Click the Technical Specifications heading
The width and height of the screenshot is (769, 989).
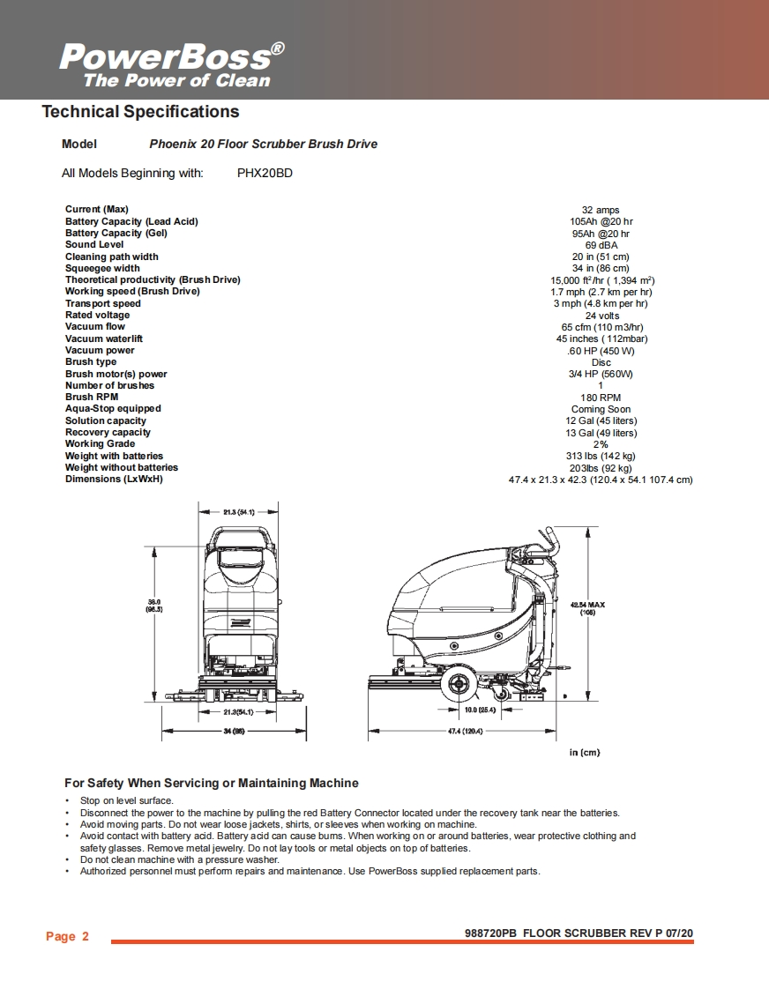pyautogui.click(x=140, y=112)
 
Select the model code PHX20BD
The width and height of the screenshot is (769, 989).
pyautogui.click(x=265, y=173)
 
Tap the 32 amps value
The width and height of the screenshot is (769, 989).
pyautogui.click(x=601, y=210)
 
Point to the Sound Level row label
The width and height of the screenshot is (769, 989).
pyautogui.click(x=94, y=244)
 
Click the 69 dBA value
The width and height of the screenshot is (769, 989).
pyautogui.click(x=601, y=245)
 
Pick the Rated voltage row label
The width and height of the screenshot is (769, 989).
pyautogui.click(x=97, y=315)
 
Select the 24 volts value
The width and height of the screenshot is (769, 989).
pyautogui.click(x=601, y=316)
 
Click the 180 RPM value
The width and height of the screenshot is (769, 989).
pyautogui.click(x=601, y=398)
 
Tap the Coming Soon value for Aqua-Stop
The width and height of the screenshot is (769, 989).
pyautogui.click(x=601, y=409)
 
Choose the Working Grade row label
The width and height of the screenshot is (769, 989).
pyautogui.click(x=100, y=443)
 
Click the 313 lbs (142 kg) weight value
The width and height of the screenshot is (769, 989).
pyautogui.click(x=601, y=456)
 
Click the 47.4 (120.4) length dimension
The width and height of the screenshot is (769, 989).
pyautogui.click(x=465, y=731)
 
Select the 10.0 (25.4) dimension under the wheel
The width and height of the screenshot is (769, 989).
pyautogui.click(x=482, y=710)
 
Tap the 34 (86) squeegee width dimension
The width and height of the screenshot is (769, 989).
pyautogui.click(x=232, y=731)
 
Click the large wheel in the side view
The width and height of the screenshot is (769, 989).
pyautogui.click(x=457, y=686)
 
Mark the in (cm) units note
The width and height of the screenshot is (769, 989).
pyautogui.click(x=584, y=752)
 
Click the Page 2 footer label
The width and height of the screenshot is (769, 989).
pyautogui.click(x=67, y=936)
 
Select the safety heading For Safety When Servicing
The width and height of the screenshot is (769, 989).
pyautogui.click(x=212, y=783)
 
